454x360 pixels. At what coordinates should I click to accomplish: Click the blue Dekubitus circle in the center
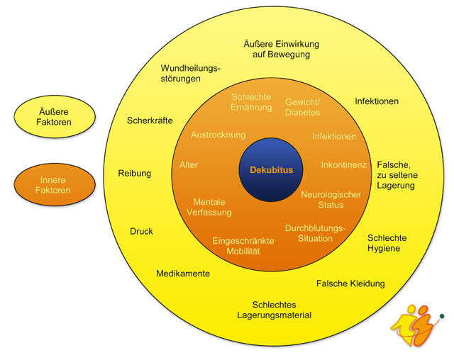point(270,170)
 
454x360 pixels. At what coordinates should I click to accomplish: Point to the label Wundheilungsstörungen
point(191,73)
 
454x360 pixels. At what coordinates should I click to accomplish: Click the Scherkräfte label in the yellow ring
point(150,120)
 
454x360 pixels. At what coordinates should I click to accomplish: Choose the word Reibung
point(135,173)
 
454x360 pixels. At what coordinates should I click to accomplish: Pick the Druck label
point(141,231)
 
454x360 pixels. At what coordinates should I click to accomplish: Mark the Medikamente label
point(183,274)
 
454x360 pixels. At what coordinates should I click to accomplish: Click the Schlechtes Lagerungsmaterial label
point(274,309)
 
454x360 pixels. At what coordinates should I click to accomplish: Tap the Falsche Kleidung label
point(350,283)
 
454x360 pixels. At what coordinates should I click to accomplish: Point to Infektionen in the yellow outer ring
point(377,101)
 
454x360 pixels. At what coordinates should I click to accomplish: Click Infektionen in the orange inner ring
point(334,136)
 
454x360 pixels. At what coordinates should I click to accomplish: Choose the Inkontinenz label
point(344,165)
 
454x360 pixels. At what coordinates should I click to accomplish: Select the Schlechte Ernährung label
point(252,101)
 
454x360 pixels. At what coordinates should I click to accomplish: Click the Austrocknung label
point(218,135)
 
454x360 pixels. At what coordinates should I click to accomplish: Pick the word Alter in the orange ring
point(189,165)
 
